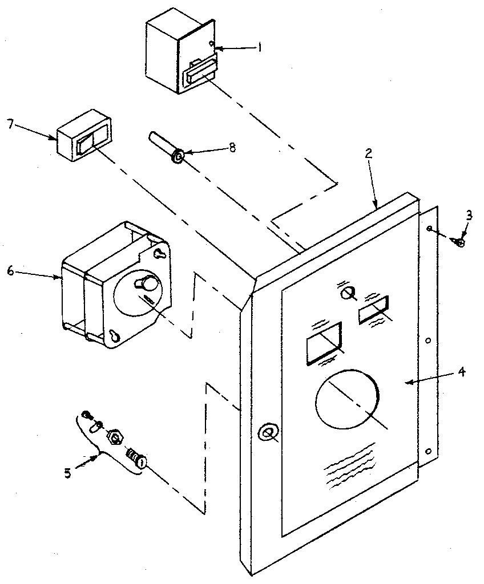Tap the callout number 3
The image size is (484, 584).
(x=469, y=216)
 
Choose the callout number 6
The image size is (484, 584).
(x=10, y=271)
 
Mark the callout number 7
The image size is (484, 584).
(x=10, y=124)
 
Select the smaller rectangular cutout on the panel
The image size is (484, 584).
(x=374, y=310)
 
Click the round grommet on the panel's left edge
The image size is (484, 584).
(x=266, y=433)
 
